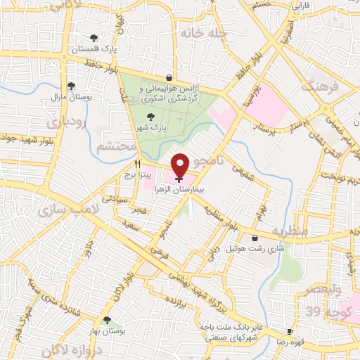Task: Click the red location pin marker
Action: pos(180,165)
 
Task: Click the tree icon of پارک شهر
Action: pos(149,118)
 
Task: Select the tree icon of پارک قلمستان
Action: pos(94,38)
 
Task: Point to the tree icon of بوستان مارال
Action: pos(70,86)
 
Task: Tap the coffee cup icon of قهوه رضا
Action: pos(290,331)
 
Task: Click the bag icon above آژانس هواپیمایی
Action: pos(169,78)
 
